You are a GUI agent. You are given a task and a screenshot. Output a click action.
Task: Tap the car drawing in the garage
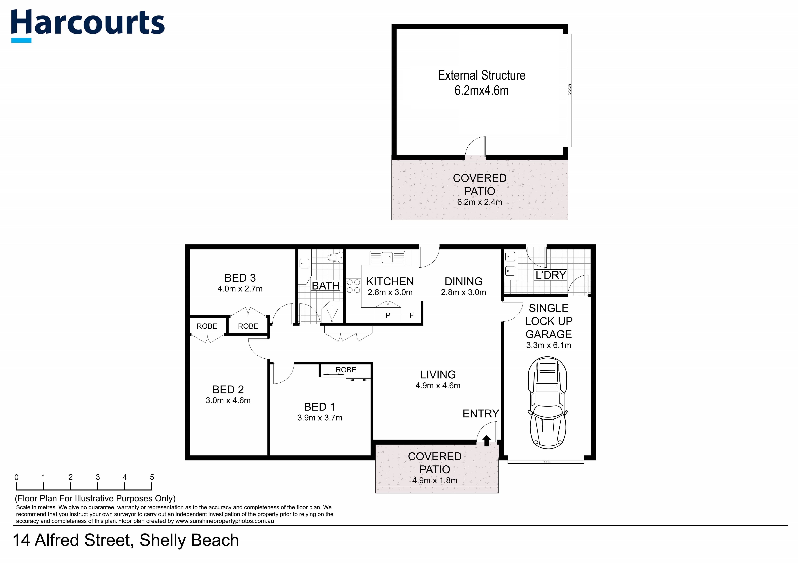tap(547, 402)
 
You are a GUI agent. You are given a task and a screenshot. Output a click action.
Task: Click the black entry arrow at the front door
tap(487, 441)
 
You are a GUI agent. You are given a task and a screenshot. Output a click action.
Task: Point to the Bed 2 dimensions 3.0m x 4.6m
tap(228, 400)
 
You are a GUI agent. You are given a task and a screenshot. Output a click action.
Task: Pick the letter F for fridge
tap(412, 315)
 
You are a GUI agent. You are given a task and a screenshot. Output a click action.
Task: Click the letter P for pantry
tap(388, 315)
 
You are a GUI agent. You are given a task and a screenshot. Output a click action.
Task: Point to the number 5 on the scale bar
tap(152, 477)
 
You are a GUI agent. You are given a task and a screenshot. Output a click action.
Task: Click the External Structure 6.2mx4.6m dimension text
tap(481, 90)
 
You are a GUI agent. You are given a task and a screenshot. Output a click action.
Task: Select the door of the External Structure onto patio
tap(476, 148)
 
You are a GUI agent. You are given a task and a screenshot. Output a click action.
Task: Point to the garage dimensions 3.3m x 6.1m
tap(548, 345)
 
